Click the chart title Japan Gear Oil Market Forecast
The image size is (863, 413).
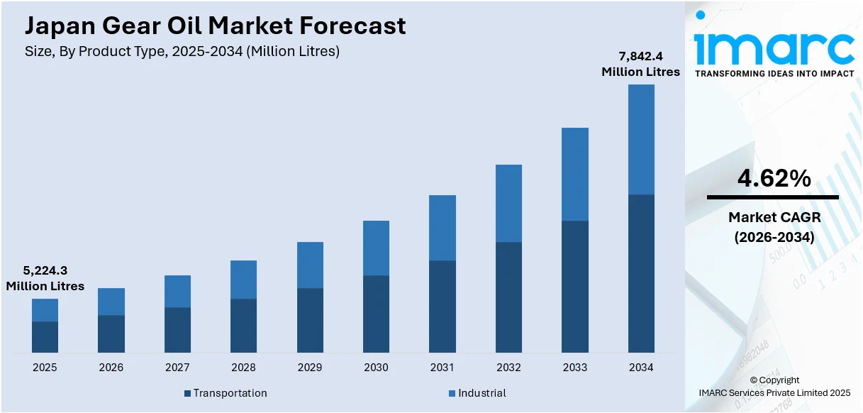(x=216, y=26)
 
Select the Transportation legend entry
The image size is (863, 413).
(x=225, y=393)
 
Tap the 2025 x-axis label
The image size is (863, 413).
(x=45, y=368)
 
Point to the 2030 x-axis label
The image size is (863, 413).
(x=376, y=368)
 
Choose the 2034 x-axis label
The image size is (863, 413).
(x=641, y=368)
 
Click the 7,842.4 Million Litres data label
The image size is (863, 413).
(x=640, y=64)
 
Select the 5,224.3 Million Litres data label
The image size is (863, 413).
(x=45, y=278)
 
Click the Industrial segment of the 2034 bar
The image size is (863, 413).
(x=641, y=139)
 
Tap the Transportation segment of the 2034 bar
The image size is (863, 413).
(x=641, y=273)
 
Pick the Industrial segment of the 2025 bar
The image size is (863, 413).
(x=45, y=310)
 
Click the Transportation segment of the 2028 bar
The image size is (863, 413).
(x=243, y=326)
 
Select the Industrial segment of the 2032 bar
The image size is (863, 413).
(x=508, y=204)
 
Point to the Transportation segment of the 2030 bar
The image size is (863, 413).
(x=376, y=314)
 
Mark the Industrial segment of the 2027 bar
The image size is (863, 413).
(x=177, y=291)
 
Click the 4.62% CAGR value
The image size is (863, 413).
(x=774, y=180)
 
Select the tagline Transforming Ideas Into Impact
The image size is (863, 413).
(x=774, y=73)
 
